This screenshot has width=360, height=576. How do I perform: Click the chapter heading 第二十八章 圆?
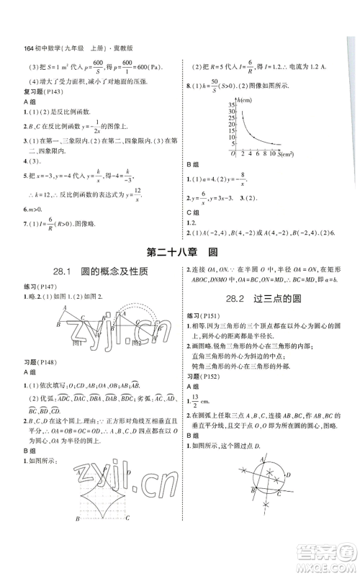click(x=179, y=252)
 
